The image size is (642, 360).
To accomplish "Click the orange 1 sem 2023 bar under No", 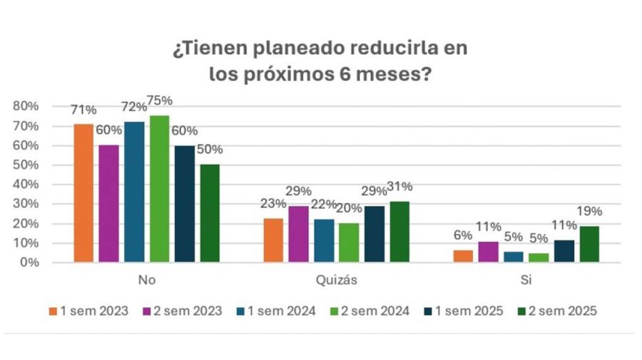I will click(x=83, y=193).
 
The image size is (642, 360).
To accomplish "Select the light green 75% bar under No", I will click(x=159, y=189).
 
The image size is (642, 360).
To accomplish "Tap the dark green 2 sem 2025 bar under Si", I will click(x=589, y=245).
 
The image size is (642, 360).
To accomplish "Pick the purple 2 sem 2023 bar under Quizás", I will click(x=298, y=235).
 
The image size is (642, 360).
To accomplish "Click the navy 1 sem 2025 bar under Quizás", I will click(x=374, y=235).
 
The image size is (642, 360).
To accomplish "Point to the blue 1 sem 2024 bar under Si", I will click(x=514, y=257).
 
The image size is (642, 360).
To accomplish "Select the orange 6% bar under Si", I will click(x=463, y=257).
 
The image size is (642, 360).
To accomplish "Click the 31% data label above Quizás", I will click(x=399, y=187).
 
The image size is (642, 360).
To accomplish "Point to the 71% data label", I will click(x=83, y=110).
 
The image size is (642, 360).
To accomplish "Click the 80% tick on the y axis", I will click(x=25, y=107).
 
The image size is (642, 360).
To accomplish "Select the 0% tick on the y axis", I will click(x=29, y=262).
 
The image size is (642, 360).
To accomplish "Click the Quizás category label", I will click(x=336, y=280).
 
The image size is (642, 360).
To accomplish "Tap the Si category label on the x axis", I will click(x=526, y=280).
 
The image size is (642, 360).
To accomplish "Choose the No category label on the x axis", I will click(x=146, y=280).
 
